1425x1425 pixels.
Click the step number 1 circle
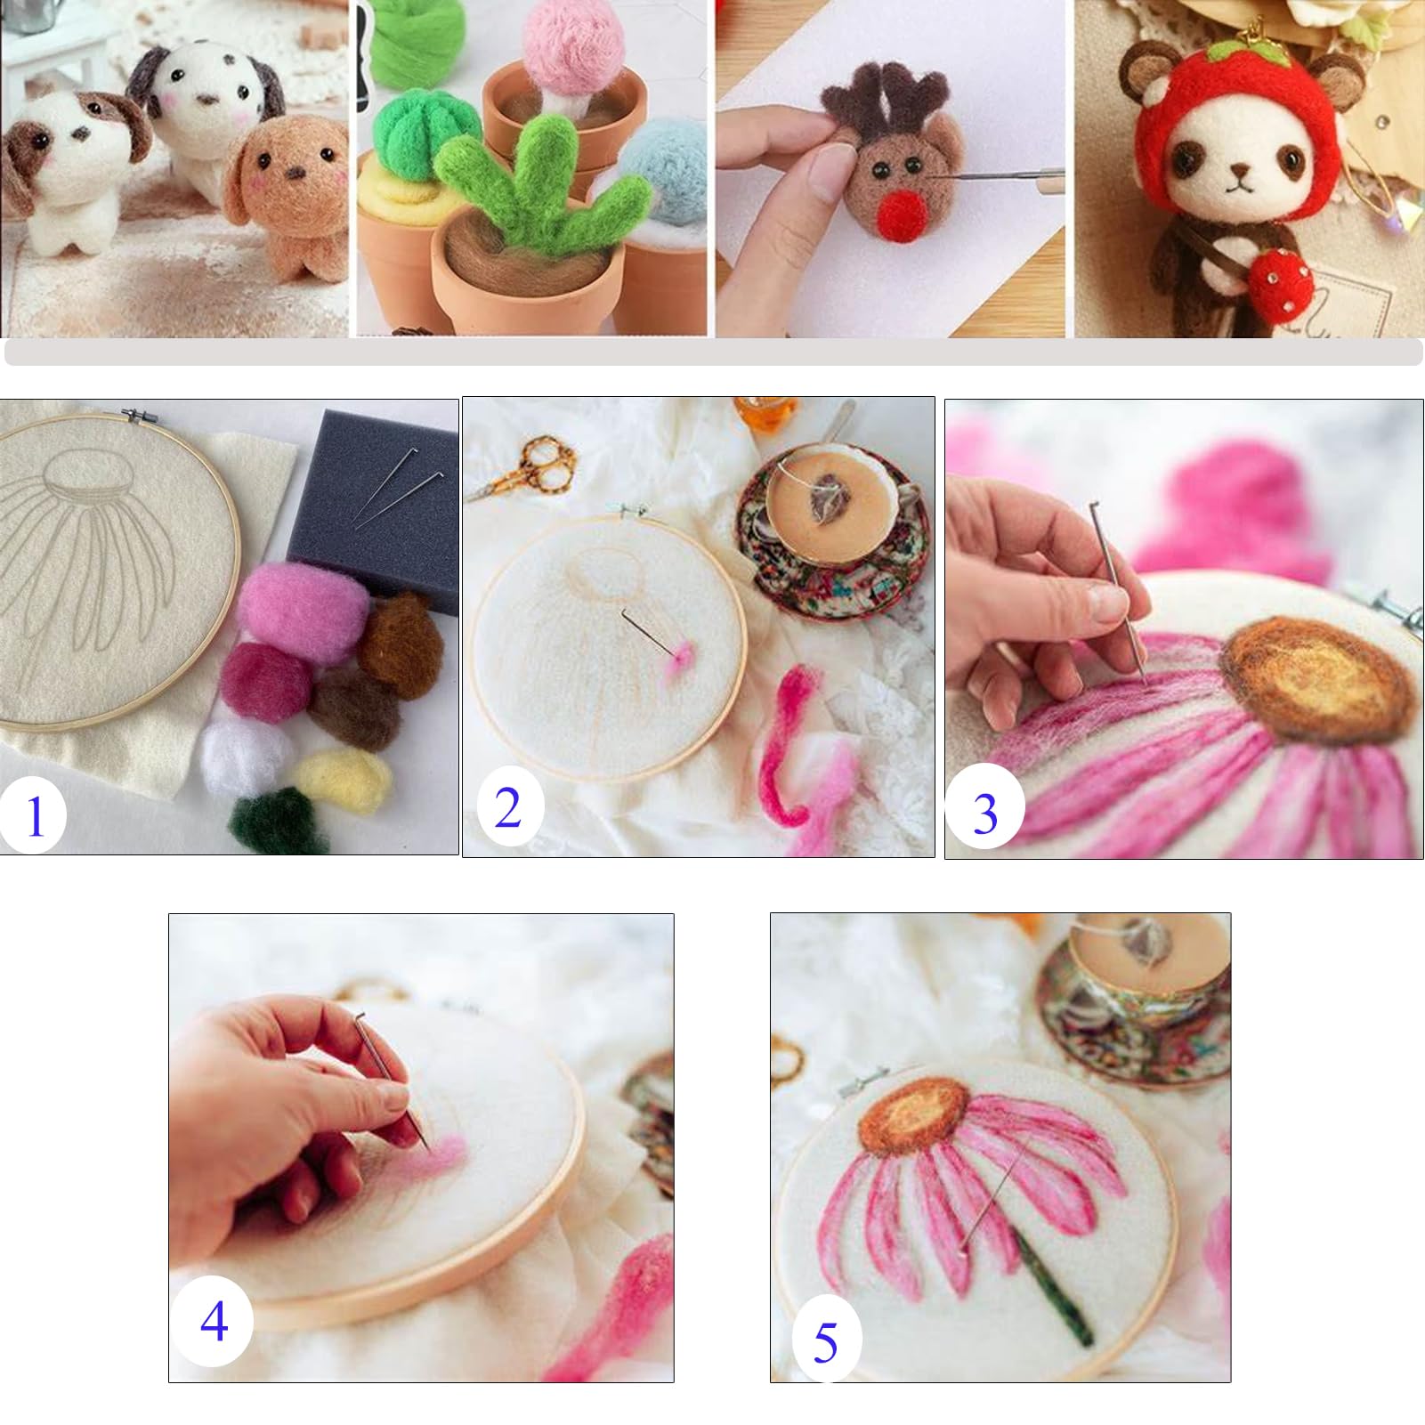point(34,815)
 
